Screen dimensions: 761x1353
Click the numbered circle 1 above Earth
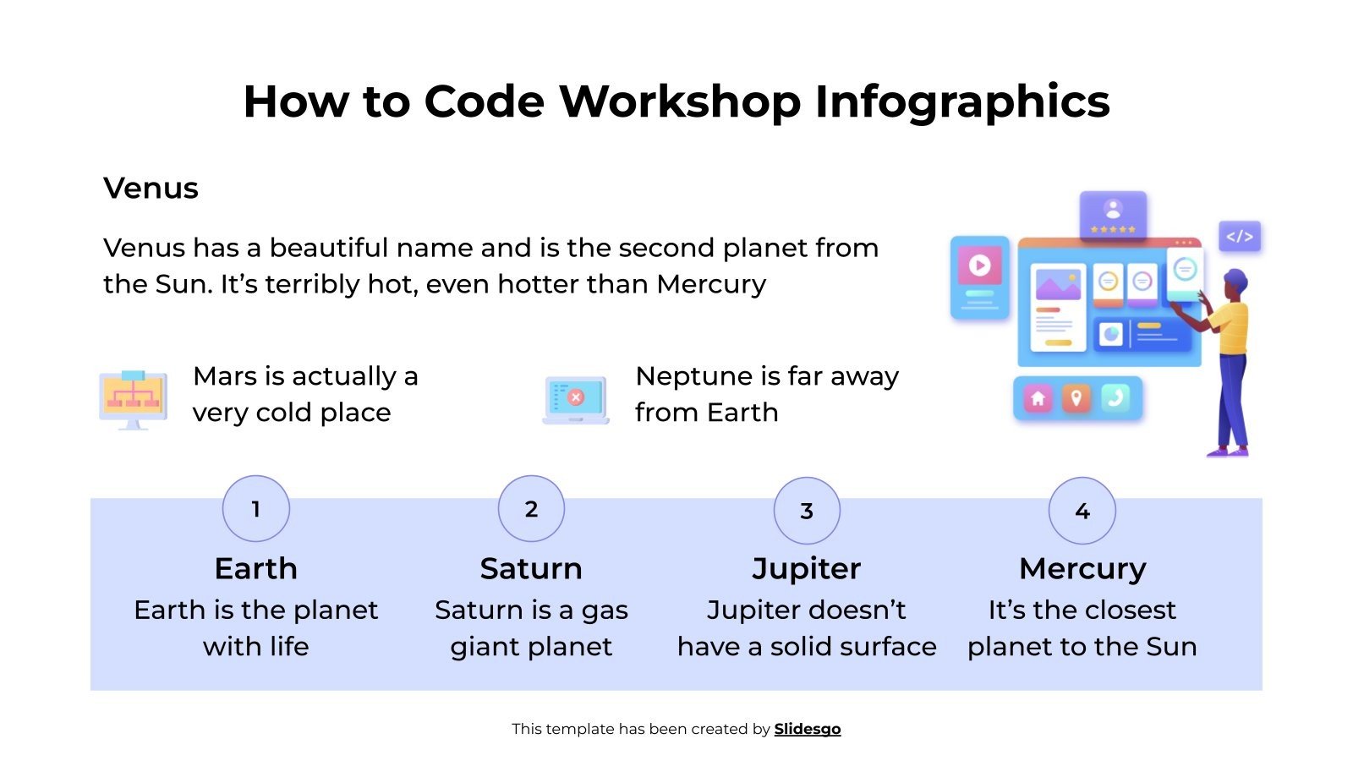pyautogui.click(x=255, y=509)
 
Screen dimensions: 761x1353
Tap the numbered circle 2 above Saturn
pyautogui.click(x=531, y=509)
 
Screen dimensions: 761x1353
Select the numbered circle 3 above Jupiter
pyautogui.click(x=807, y=511)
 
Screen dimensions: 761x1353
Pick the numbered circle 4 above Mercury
pyautogui.click(x=1082, y=511)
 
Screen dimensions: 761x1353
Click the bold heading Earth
pyautogui.click(x=255, y=568)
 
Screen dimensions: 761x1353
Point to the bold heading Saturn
pyautogui.click(x=531, y=568)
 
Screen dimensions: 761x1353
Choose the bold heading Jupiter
pyautogui.click(x=807, y=568)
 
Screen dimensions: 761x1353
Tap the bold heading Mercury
pyautogui.click(x=1082, y=568)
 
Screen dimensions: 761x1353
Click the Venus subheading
pyautogui.click(x=151, y=188)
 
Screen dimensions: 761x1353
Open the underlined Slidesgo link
pyautogui.click(x=808, y=729)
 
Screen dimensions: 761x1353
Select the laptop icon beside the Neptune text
pyautogui.click(x=576, y=399)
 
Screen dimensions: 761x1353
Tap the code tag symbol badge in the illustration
pyautogui.click(x=1240, y=237)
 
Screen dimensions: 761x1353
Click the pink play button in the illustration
pyautogui.click(x=979, y=266)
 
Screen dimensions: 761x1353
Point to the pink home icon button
pyautogui.click(x=1038, y=398)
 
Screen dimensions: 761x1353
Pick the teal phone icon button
pyautogui.click(x=1115, y=398)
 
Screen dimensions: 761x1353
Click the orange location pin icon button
pyautogui.click(x=1076, y=398)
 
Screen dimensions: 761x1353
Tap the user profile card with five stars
pyautogui.click(x=1113, y=215)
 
